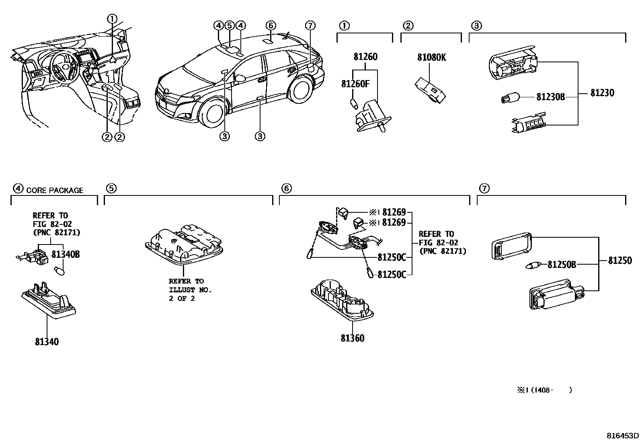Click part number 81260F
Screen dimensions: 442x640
355,84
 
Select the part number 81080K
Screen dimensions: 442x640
431,58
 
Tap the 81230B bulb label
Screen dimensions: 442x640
550,97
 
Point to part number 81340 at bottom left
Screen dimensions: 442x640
47,342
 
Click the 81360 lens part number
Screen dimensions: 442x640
352,338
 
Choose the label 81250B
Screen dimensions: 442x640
561,264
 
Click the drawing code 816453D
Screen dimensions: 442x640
623,436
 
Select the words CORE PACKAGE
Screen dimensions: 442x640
55,190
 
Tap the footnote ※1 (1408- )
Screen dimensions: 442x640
544,390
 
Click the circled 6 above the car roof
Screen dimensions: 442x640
271,26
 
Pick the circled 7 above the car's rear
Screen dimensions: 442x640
310,26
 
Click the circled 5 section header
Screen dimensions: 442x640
111,188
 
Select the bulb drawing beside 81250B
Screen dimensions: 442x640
534,265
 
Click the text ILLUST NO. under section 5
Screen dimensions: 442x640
190,290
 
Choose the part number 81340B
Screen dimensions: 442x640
66,254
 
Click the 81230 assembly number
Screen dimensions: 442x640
602,93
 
